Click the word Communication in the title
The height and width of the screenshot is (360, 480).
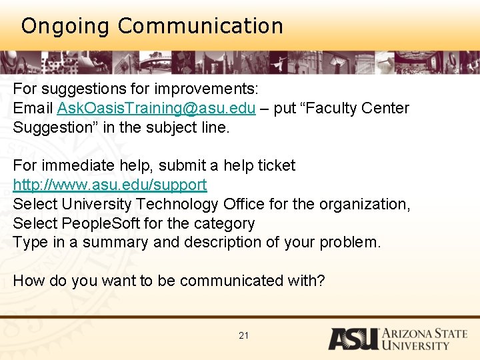[x=200, y=27]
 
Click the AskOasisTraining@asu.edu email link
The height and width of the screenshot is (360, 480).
[x=156, y=109]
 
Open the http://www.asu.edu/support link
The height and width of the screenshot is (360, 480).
[x=110, y=185]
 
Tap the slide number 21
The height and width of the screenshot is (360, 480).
[x=243, y=335]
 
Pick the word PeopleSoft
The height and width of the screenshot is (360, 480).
[x=92, y=223]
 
